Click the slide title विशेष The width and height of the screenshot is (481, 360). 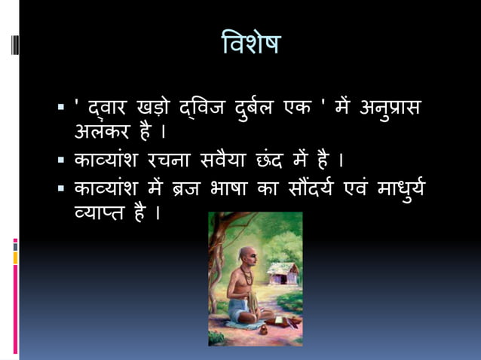251,44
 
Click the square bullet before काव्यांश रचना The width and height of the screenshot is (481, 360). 61,161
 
